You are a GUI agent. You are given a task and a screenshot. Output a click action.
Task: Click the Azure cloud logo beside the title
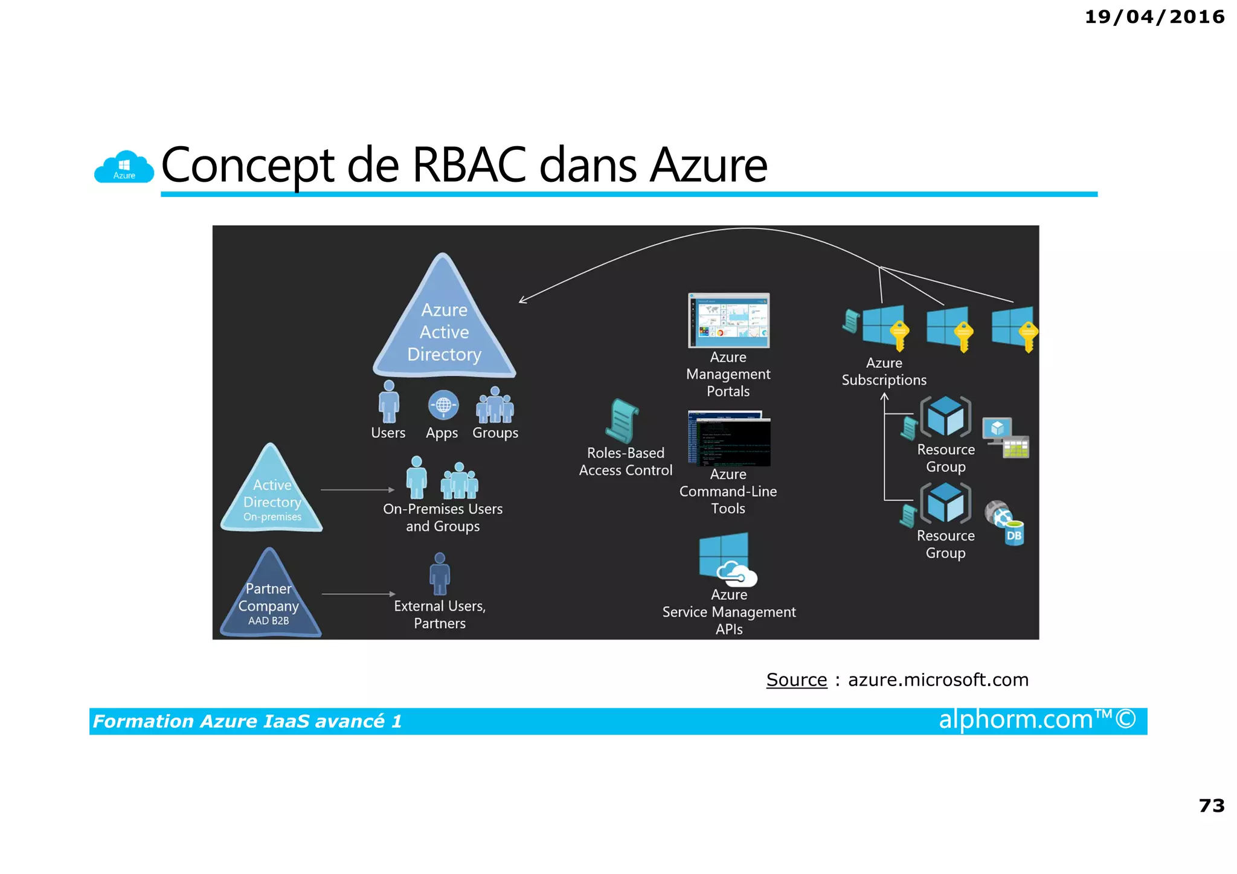(124, 167)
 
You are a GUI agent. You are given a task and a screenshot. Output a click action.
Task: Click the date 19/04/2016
(1154, 17)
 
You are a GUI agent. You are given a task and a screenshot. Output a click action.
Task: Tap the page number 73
(1211, 805)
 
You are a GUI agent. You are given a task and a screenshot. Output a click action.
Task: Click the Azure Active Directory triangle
(444, 326)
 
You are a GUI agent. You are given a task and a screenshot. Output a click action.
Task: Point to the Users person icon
(388, 402)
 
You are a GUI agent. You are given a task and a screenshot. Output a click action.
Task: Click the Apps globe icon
(443, 405)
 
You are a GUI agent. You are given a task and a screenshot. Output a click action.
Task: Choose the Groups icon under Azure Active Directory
(495, 405)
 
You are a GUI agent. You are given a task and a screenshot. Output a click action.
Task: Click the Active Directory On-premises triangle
(271, 495)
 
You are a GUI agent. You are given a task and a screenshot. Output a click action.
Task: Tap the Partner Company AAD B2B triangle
(269, 600)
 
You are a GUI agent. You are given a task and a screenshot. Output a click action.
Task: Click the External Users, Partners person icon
(440, 574)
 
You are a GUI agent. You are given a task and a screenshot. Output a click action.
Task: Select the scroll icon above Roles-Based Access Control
(622, 421)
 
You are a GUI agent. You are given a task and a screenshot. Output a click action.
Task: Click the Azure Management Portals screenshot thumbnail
(728, 320)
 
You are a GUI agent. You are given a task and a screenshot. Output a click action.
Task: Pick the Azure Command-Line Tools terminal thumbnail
(728, 439)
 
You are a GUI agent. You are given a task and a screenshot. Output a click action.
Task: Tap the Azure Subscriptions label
(884, 371)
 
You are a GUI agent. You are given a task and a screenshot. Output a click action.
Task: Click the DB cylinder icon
(1014, 533)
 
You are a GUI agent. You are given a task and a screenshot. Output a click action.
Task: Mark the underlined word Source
(796, 680)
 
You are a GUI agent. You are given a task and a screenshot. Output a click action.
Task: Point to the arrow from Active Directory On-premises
(357, 490)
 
